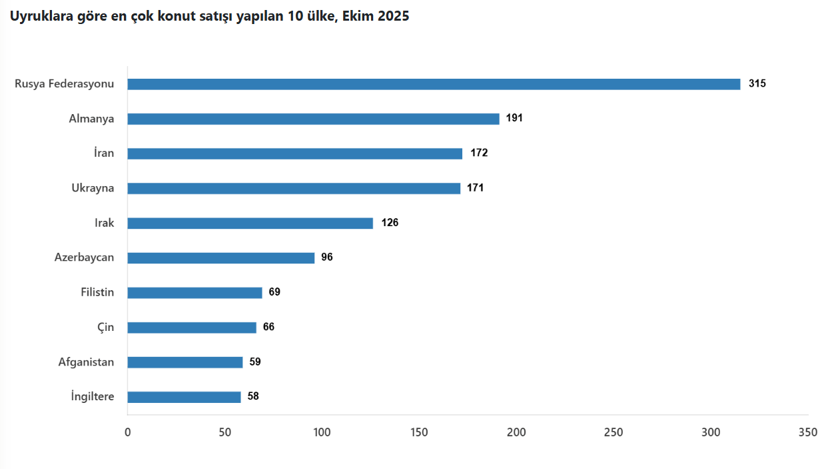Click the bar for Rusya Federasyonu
click(434, 84)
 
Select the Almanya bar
click(314, 119)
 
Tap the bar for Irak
click(250, 223)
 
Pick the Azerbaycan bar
click(221, 258)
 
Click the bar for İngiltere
click(184, 397)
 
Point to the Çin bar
click(192, 328)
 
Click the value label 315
click(757, 83)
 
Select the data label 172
click(479, 153)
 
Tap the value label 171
click(476, 187)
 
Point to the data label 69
click(274, 292)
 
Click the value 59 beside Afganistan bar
click(255, 362)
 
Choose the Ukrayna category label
click(93, 188)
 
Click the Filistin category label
click(97, 292)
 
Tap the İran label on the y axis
click(104, 153)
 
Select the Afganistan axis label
click(86, 362)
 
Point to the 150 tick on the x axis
click(419, 432)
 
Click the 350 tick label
click(808, 432)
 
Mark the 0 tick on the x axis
click(128, 432)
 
